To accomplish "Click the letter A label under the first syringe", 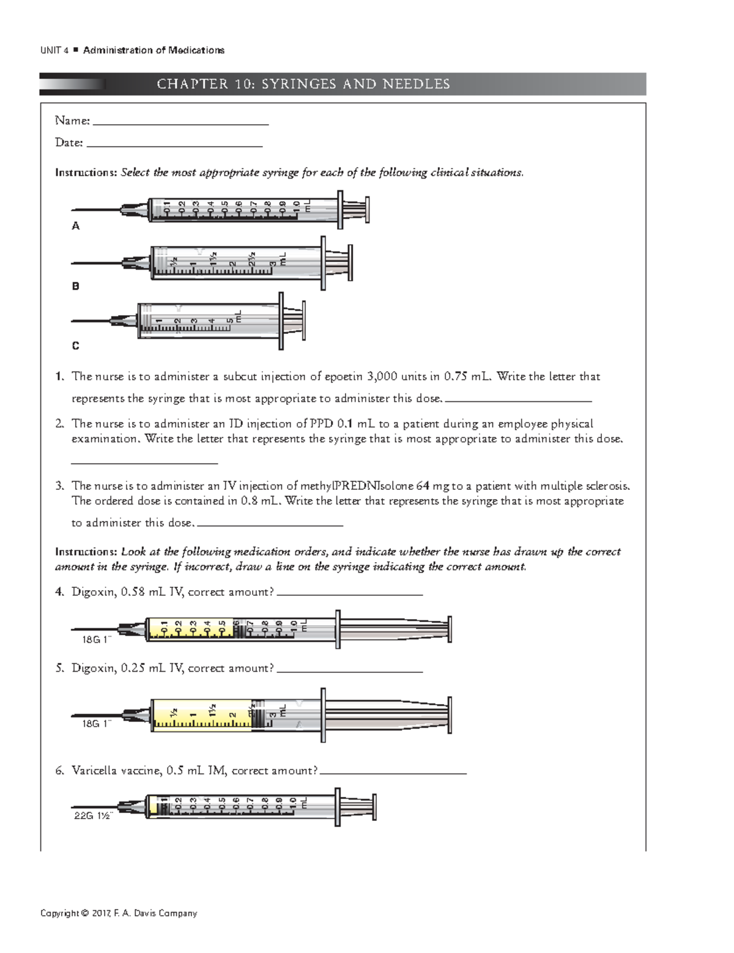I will [x=76, y=226].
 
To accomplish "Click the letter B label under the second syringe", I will [x=76, y=286].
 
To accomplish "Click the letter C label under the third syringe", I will [x=76, y=346].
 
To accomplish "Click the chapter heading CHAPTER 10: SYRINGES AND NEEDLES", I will [x=303, y=84].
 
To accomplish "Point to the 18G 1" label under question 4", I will [x=97, y=639].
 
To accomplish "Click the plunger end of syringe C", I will [x=304, y=321].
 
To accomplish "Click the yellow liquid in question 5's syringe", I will [x=202, y=714].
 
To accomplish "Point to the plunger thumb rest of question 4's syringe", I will [x=450, y=629].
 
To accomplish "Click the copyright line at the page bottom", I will [x=119, y=913].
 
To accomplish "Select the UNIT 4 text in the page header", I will [x=51, y=51].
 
